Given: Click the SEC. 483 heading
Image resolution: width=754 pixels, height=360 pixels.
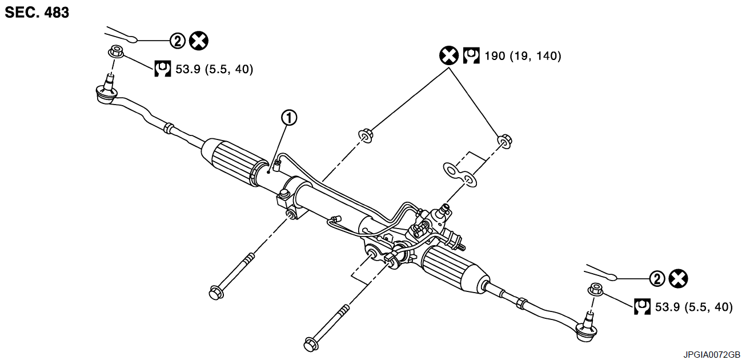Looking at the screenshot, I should click(x=37, y=13).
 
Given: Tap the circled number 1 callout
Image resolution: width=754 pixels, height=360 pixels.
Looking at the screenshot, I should click(x=289, y=118).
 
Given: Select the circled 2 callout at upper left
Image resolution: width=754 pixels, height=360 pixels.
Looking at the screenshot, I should click(x=178, y=41).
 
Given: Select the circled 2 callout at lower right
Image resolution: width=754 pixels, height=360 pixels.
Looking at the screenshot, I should click(x=658, y=279).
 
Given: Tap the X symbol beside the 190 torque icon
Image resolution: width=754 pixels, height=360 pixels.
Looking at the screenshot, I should click(x=449, y=55).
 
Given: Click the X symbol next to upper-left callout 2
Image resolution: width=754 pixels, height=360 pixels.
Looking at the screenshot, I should click(x=199, y=41).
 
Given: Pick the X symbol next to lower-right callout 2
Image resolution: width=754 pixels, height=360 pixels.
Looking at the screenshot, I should click(x=679, y=279).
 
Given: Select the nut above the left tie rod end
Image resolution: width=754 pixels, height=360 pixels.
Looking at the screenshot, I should click(x=116, y=51).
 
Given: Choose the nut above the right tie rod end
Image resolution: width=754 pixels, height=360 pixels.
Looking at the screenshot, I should click(x=595, y=289).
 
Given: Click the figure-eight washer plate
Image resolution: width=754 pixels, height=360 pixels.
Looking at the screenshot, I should click(x=460, y=175).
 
